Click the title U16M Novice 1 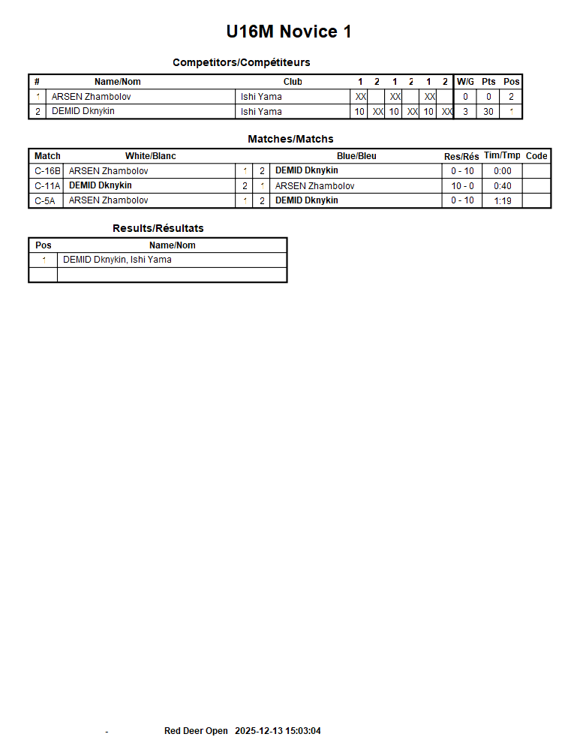click(x=289, y=32)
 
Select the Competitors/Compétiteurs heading click(x=241, y=62)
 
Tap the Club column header click(x=293, y=82)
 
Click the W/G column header click(x=465, y=82)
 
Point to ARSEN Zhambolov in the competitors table click(x=91, y=97)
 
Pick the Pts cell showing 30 click(x=488, y=112)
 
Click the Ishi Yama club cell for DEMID click(x=261, y=112)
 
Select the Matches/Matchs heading click(x=290, y=139)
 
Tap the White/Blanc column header click(x=150, y=156)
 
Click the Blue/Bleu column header click(x=356, y=156)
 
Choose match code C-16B click(x=47, y=171)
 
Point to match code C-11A click(x=47, y=186)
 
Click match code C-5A click(x=45, y=201)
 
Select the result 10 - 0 click(x=462, y=186)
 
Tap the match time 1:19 click(x=503, y=201)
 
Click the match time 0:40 click(x=503, y=186)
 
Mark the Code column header click(x=536, y=156)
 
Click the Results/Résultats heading click(x=158, y=228)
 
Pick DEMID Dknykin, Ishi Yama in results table click(x=117, y=260)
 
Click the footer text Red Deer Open click(x=196, y=731)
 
